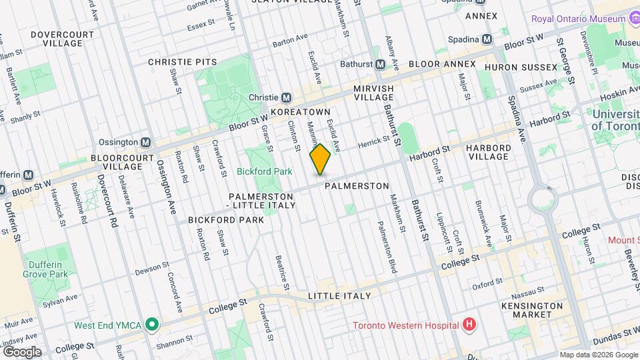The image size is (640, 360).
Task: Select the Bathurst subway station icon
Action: pos(380,64)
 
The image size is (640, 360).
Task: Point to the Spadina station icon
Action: pos(487,39)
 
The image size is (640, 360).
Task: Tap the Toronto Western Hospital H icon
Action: pos(469,325)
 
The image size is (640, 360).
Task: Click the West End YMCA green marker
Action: pos(152,325)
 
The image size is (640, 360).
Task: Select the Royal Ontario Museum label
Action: pos(579,18)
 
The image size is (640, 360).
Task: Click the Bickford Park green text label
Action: pos(265,171)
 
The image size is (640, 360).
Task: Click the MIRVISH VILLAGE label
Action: pos(373,93)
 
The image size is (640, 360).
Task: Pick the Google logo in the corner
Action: pos(22,351)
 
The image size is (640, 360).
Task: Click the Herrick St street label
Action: pos(373,143)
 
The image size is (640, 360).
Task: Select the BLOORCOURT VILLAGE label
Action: pos(127,164)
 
